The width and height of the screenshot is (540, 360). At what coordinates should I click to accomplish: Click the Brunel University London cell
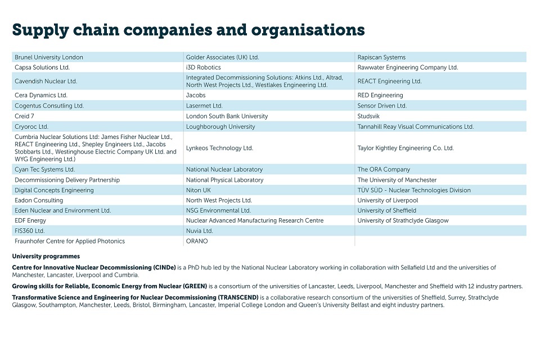click(49, 57)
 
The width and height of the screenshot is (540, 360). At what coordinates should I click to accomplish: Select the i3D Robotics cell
click(204, 67)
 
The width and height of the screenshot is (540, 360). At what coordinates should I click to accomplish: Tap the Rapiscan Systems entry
click(381, 57)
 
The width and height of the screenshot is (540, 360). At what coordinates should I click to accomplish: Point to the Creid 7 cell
click(25, 116)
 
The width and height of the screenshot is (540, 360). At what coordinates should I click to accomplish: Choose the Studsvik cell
click(370, 116)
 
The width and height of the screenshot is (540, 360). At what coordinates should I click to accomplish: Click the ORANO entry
click(197, 241)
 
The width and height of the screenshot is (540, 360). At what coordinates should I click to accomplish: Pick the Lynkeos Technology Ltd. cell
click(220, 148)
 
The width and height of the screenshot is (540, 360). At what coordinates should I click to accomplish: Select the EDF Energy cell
click(30, 220)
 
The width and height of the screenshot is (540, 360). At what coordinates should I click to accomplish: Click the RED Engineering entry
click(380, 95)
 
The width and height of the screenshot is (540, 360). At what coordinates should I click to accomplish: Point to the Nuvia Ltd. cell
click(200, 231)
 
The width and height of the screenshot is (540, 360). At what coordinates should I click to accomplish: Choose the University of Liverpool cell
click(388, 200)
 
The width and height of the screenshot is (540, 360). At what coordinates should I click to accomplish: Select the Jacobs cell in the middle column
click(196, 95)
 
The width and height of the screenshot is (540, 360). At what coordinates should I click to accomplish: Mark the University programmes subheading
click(46, 256)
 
